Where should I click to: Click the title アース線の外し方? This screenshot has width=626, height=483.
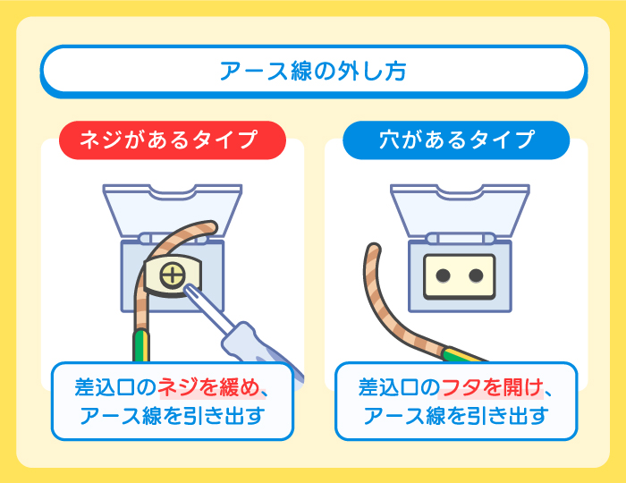pos(313,71)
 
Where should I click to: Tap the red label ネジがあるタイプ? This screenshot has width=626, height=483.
pos(172,140)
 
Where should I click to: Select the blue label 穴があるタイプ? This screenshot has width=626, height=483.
pos(456,140)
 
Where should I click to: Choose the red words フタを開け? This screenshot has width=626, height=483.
pos(492,388)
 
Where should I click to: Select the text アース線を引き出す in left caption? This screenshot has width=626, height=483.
pos(172,417)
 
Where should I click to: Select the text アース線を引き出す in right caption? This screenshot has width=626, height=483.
pos(456,417)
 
